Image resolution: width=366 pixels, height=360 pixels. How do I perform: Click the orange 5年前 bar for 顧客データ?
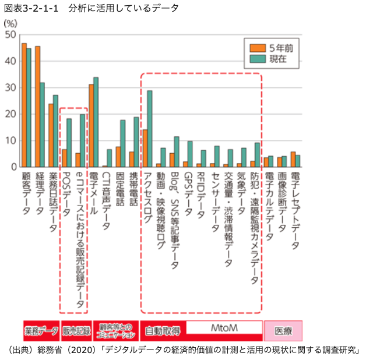[24, 105]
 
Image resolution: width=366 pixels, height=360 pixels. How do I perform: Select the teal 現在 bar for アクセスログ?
[150, 129]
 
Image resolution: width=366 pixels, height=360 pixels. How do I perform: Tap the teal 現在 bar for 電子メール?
[96, 122]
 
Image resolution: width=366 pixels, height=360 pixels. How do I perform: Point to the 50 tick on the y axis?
[10, 35]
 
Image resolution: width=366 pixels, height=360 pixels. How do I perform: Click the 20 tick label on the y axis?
[10, 114]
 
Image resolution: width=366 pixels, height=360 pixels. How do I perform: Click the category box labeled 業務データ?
[41, 331]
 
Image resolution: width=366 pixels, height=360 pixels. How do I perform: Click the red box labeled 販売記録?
[76, 331]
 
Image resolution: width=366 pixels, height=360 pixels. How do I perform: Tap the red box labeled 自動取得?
[163, 331]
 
